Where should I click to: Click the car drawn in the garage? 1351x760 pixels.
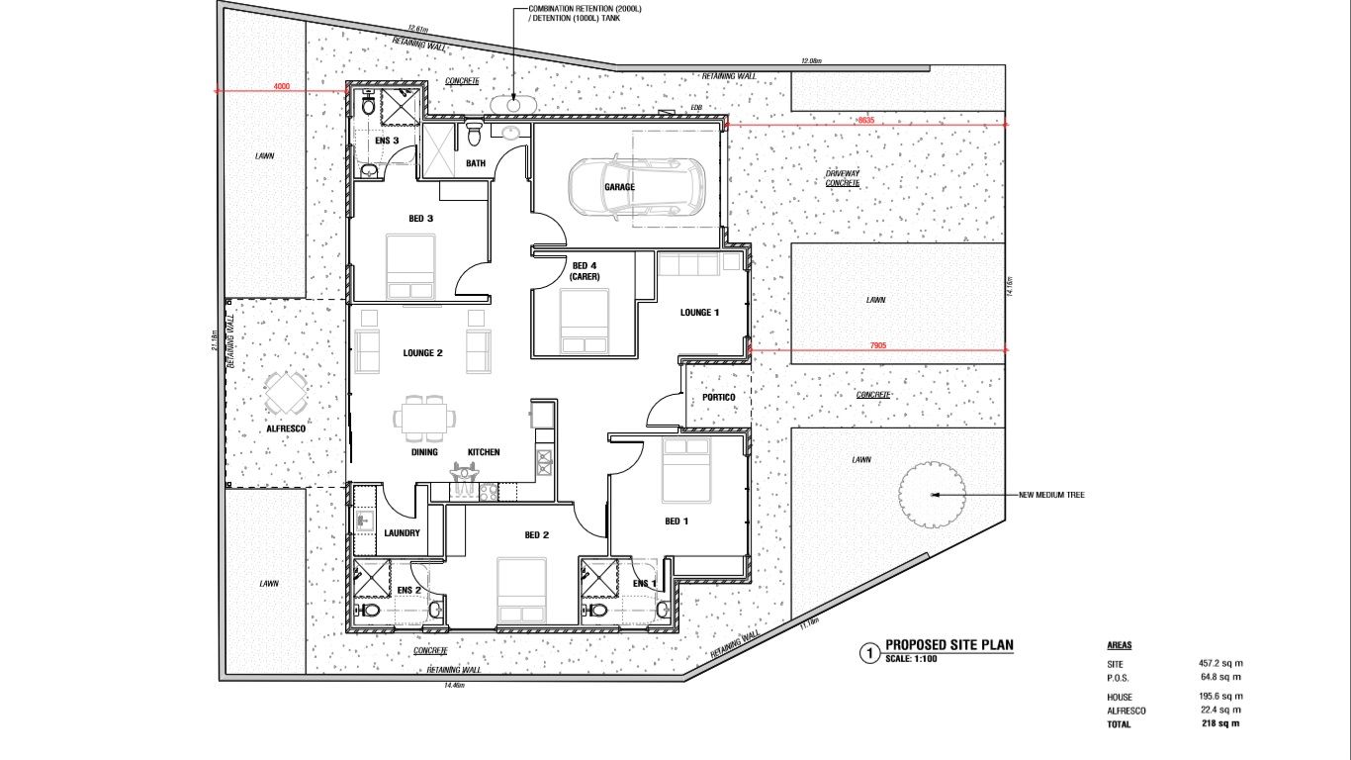[x=636, y=186]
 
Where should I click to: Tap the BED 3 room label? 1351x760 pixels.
[x=421, y=219]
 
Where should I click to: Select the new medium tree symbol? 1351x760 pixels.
[x=932, y=494]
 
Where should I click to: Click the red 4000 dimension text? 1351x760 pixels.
[x=282, y=87]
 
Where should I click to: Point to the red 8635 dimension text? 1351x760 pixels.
[x=866, y=120]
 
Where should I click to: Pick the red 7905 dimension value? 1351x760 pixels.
[x=877, y=345]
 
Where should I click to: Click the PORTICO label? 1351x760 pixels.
[x=719, y=398]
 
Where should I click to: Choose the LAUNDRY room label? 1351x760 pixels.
[x=402, y=533]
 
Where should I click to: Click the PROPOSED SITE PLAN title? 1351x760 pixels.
[x=948, y=645]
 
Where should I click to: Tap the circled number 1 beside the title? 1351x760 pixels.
[x=868, y=652]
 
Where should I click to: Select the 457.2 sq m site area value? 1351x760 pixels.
[x=1220, y=663]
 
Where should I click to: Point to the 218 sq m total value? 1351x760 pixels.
[x=1218, y=723]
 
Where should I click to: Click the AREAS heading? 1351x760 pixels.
[x=1120, y=645]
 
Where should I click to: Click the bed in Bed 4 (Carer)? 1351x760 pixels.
[x=584, y=326]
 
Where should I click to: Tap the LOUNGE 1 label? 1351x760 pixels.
[x=700, y=313]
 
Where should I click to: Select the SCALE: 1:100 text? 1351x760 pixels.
[x=911, y=659]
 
